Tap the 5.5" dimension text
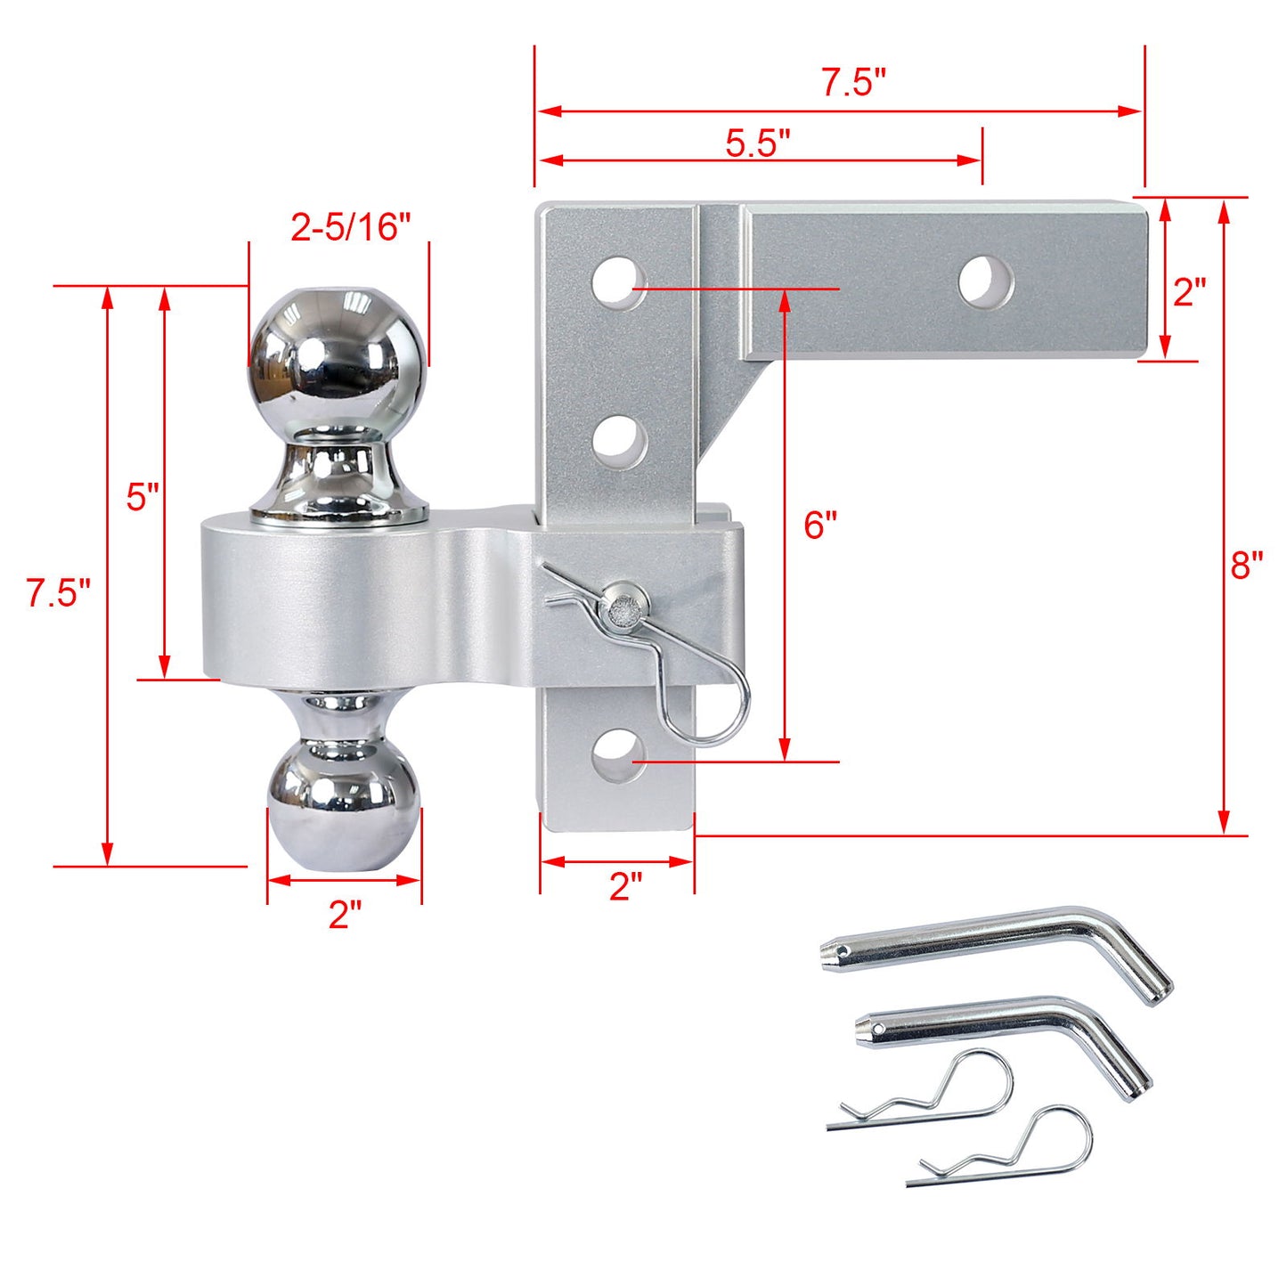click(757, 143)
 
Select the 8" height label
click(1247, 564)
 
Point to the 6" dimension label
click(819, 525)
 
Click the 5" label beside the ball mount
click(142, 496)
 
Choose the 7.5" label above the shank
click(853, 82)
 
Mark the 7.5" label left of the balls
click(58, 592)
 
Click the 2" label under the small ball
click(345, 915)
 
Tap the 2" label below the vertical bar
click(625, 886)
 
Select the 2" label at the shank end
click(1189, 292)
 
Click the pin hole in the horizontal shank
click(986, 281)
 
